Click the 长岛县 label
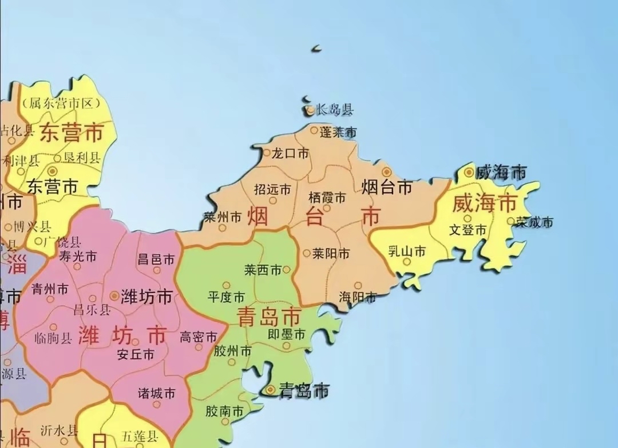tap(335, 109)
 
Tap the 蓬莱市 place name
tap(338, 132)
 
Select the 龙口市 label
tap(290, 153)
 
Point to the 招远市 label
tap(272, 189)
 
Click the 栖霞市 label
tap(327, 198)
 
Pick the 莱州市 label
tap(222, 217)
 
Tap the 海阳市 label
tap(358, 297)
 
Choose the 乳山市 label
tap(407, 251)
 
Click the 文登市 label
tap(468, 230)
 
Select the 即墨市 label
tap(287, 334)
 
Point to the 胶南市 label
tap(224, 411)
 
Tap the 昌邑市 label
tap(156, 259)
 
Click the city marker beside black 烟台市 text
tap(386, 171)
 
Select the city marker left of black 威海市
tap(469, 171)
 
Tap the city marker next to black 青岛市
tap(270, 390)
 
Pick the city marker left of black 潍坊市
tap(114, 295)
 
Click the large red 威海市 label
tap(484, 202)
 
